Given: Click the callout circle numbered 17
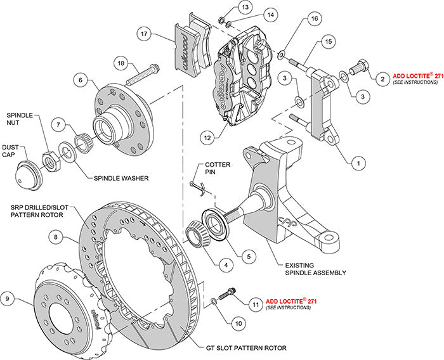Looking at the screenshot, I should coord(145,34).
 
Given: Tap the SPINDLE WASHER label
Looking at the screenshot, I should coord(121,179).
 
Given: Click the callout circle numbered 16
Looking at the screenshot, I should coord(312,20).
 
